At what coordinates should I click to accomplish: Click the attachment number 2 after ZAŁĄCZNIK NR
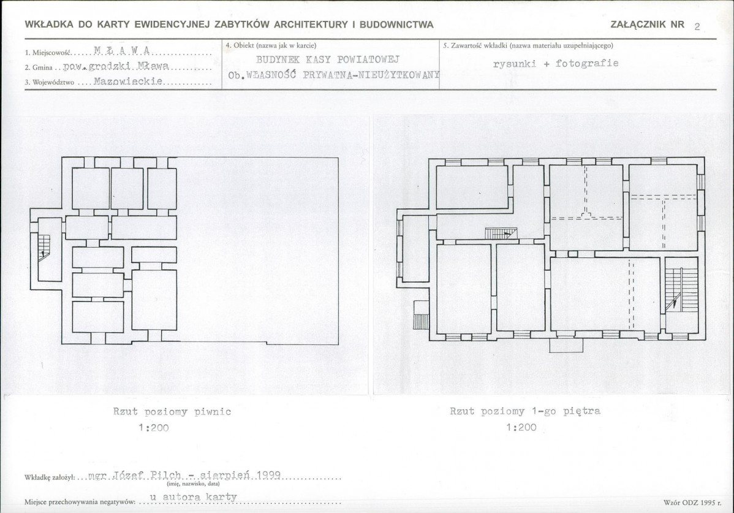tap(697, 27)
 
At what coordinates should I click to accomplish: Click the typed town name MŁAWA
tap(122, 50)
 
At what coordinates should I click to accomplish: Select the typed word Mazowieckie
tap(128, 82)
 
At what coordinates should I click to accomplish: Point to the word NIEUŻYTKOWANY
tap(399, 75)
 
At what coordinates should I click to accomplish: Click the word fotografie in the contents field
tap(587, 63)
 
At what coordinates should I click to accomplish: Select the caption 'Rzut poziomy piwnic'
tap(172, 412)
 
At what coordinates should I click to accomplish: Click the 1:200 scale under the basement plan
tap(154, 427)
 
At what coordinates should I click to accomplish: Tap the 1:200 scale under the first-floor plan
tap(521, 427)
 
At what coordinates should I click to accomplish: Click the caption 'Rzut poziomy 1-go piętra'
tap(524, 411)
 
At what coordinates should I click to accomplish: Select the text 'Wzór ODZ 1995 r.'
tap(689, 503)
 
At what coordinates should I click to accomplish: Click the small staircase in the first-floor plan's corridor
tap(501, 233)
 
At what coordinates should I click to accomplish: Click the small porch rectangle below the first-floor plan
tap(566, 345)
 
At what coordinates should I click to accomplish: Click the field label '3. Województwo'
tap(49, 82)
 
